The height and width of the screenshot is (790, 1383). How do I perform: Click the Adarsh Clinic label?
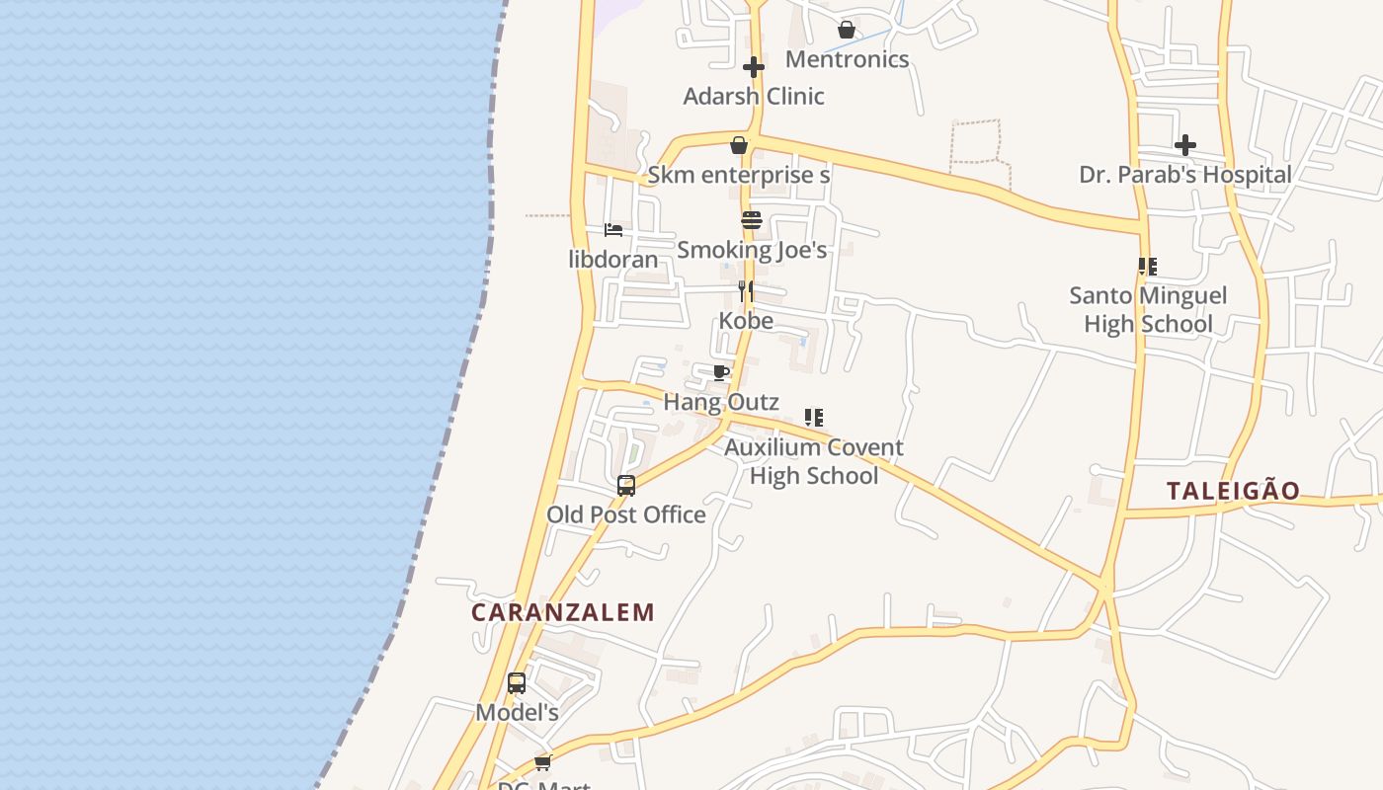point(754,97)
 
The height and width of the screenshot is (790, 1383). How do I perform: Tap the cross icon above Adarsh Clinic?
point(754,67)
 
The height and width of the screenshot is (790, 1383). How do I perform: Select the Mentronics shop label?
point(847,59)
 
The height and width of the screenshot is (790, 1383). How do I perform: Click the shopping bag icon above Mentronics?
point(847,30)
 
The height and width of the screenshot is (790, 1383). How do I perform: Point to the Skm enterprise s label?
point(738,176)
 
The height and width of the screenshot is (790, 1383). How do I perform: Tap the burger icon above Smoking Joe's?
point(752,220)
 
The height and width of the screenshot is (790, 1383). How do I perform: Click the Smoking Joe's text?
point(752,250)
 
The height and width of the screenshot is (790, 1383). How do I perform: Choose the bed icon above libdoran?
point(613,230)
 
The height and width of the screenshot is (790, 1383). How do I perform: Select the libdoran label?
point(613,260)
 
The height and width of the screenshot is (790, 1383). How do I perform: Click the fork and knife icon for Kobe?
point(746,291)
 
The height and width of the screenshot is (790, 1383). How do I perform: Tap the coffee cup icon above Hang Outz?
point(721,372)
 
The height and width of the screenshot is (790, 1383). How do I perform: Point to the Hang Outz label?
point(721,402)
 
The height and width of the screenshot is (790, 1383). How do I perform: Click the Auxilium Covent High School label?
point(814,461)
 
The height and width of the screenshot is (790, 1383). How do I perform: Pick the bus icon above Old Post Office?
point(626,485)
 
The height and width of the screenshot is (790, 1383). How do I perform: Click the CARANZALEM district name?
point(563,612)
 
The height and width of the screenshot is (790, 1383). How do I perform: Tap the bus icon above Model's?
point(517,682)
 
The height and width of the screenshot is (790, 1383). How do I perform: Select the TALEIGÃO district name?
point(1233,491)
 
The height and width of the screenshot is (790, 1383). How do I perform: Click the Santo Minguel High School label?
point(1148,309)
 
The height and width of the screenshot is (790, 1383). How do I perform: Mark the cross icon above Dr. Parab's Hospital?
point(1185,145)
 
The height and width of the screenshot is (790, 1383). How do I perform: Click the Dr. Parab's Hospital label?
point(1185,175)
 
